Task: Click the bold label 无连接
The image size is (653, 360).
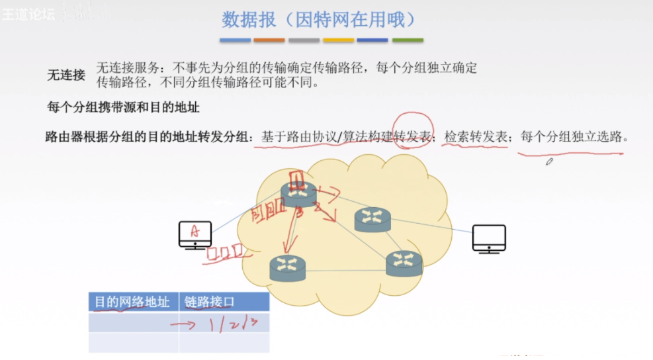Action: (x=66, y=75)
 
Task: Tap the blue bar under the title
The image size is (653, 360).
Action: (x=235, y=40)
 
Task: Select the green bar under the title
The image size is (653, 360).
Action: (x=408, y=40)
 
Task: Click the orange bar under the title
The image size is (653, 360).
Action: (x=269, y=40)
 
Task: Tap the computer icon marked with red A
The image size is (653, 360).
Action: (x=195, y=234)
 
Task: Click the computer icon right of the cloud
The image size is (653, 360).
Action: (x=489, y=239)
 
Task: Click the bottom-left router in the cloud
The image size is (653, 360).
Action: (x=288, y=266)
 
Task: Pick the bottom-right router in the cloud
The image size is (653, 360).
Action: (x=404, y=263)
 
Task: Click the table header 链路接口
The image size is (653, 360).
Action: (x=210, y=302)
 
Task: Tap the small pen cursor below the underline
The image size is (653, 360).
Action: (x=549, y=161)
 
